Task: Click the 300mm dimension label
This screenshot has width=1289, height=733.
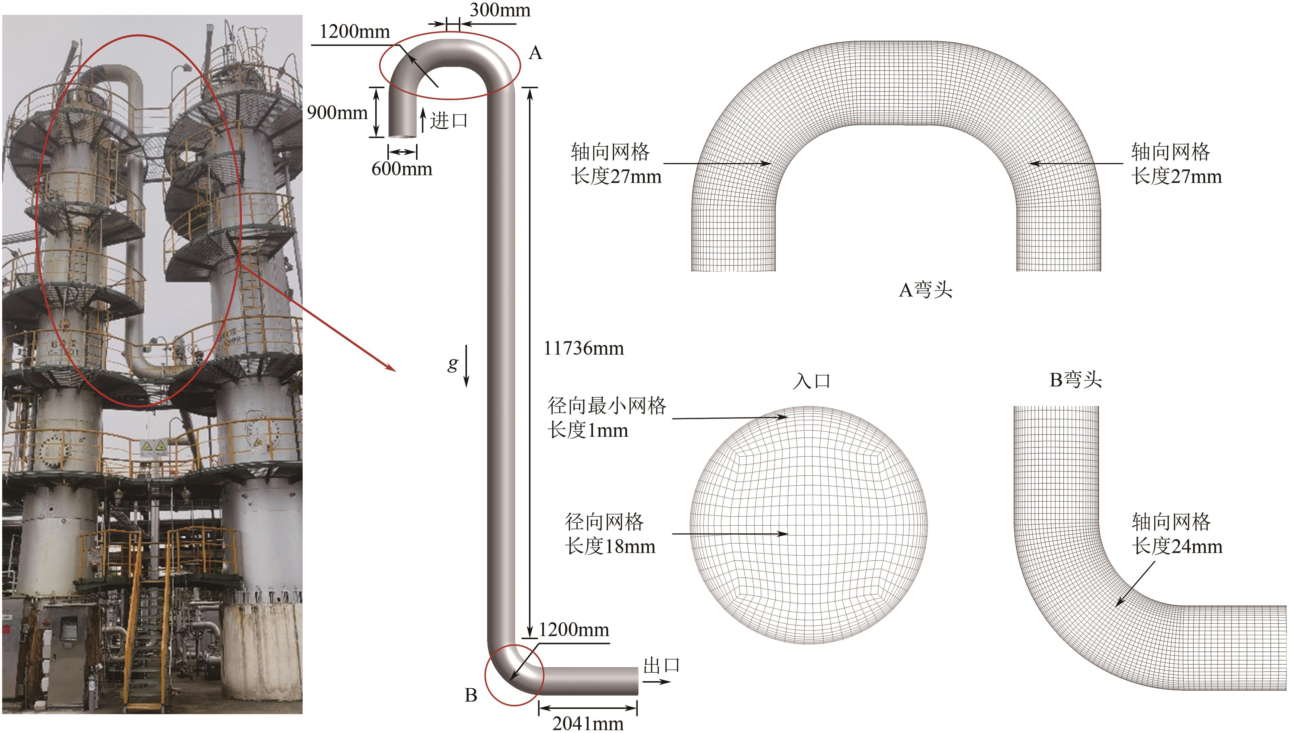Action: pyautogui.click(x=500, y=10)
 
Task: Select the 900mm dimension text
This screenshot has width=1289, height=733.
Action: pyautogui.click(x=337, y=112)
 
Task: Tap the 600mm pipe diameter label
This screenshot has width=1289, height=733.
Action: pyautogui.click(x=402, y=169)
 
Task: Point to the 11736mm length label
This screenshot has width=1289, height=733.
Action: pyautogui.click(x=584, y=349)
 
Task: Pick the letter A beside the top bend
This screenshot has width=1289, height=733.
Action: pyautogui.click(x=535, y=53)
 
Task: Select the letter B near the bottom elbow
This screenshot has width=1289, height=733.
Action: pyautogui.click(x=471, y=695)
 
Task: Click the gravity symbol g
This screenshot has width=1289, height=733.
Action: pyautogui.click(x=453, y=364)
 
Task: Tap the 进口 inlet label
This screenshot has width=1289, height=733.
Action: pyautogui.click(x=449, y=121)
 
